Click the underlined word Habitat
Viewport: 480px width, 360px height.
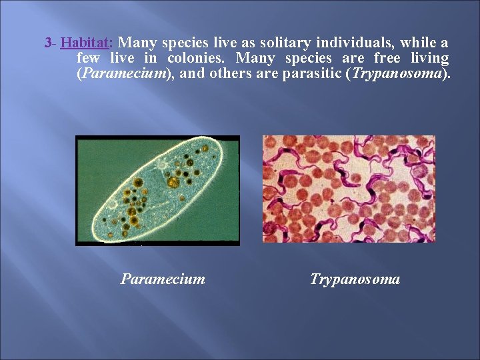pos(85,43)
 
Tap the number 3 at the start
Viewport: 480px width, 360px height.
pos(47,43)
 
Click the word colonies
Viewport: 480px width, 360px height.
pos(196,59)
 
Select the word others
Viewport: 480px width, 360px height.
pos(230,74)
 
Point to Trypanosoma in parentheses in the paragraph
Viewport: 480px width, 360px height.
pos(397,74)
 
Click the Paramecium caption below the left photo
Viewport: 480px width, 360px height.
pos(163,279)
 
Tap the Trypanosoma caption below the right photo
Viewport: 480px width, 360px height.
pos(355,279)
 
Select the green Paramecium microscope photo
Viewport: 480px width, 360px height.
pos(157,190)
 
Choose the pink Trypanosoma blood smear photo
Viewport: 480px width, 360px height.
pos(349,189)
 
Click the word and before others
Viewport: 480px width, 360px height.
pos(193,74)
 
